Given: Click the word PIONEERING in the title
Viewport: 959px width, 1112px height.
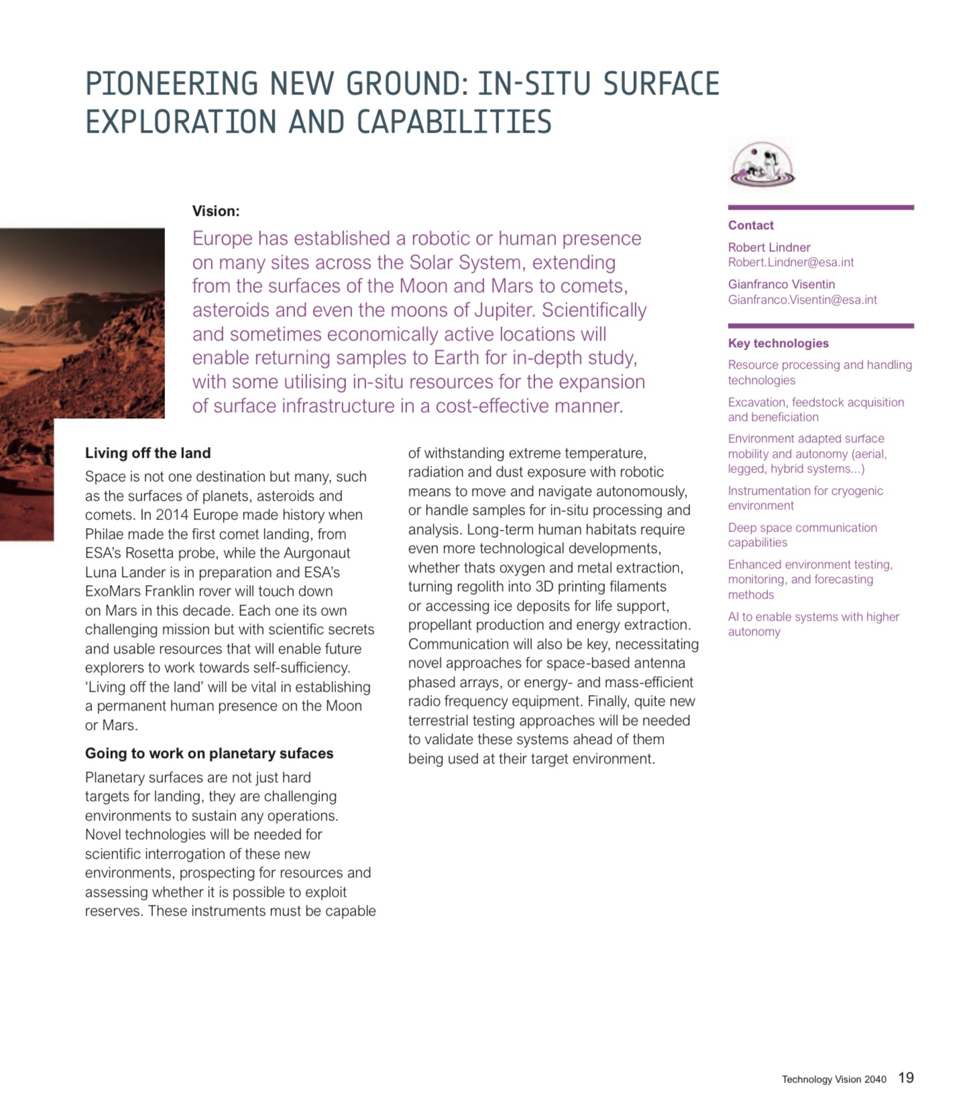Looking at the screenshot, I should click(x=172, y=84).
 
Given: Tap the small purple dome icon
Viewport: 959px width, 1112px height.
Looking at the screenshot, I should click(x=762, y=166).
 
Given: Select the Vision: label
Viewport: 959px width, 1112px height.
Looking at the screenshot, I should click(x=216, y=211).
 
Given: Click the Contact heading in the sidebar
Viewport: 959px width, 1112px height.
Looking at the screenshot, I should click(x=750, y=225).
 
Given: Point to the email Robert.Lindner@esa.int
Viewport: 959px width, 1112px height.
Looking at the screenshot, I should click(x=791, y=262).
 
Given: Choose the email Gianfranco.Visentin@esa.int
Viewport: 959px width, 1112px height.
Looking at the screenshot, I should click(x=802, y=300).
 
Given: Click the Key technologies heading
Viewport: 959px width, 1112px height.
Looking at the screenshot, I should click(x=778, y=343).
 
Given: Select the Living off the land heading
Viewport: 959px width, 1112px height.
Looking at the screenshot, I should click(x=148, y=453).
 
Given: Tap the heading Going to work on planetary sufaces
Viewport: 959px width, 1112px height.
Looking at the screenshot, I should click(x=209, y=753).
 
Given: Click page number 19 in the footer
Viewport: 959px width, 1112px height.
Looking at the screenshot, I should click(x=905, y=1078).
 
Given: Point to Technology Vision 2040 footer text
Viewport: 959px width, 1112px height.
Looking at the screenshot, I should click(x=834, y=1079).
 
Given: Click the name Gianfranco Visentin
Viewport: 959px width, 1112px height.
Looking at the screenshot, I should click(x=781, y=284).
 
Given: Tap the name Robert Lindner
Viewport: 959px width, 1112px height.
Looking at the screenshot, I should click(x=769, y=247).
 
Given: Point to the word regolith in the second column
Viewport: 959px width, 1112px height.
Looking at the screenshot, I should click(x=475, y=586).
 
